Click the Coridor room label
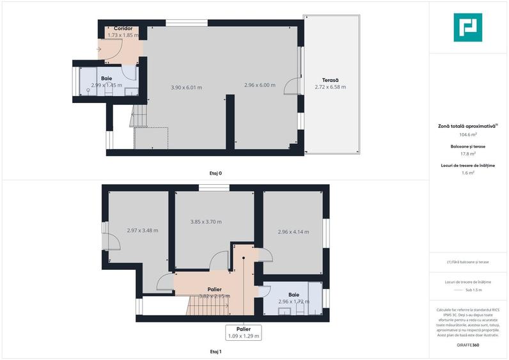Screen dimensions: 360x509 click(x=123, y=29)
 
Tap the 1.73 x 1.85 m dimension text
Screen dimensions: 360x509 click(x=123, y=36)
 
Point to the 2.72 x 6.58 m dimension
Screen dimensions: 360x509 click(x=330, y=87)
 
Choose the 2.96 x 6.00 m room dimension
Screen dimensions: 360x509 click(x=260, y=85)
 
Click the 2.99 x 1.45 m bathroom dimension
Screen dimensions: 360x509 click(x=106, y=85)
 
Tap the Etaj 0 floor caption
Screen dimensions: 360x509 click(x=215, y=173)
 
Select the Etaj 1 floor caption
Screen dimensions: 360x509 click(x=215, y=352)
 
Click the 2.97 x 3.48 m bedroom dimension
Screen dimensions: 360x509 click(x=142, y=230)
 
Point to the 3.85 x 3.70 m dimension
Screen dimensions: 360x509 click(x=206, y=222)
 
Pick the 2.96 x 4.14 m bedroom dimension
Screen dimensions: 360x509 click(x=293, y=232)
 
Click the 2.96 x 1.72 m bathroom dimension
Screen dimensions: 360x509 click(x=294, y=301)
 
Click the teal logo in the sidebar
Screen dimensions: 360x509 click(x=468, y=27)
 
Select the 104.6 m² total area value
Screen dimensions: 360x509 click(x=468, y=135)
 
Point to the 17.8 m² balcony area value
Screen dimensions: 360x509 click(x=468, y=153)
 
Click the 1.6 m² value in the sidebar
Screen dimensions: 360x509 click(x=468, y=173)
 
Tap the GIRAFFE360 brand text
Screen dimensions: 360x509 click(x=468, y=345)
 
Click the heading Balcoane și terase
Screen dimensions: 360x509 click(x=468, y=146)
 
